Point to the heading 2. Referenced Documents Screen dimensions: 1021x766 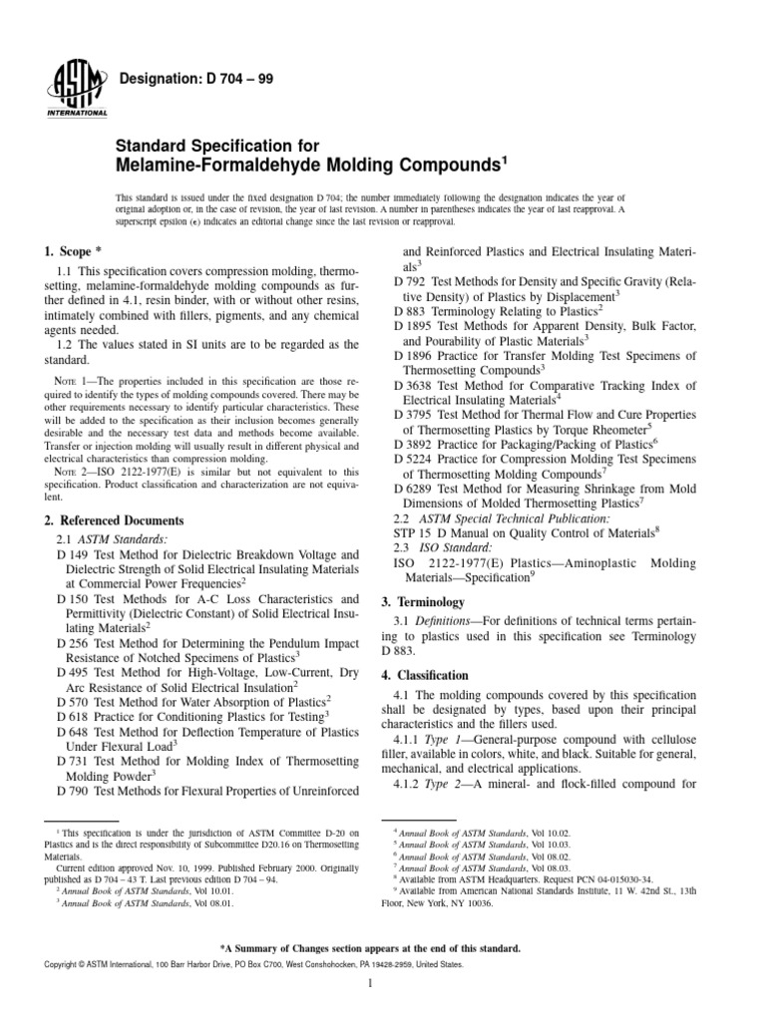pos(115,520)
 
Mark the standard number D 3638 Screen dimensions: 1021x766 pos(416,385)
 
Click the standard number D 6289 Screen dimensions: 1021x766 pos(416,489)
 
